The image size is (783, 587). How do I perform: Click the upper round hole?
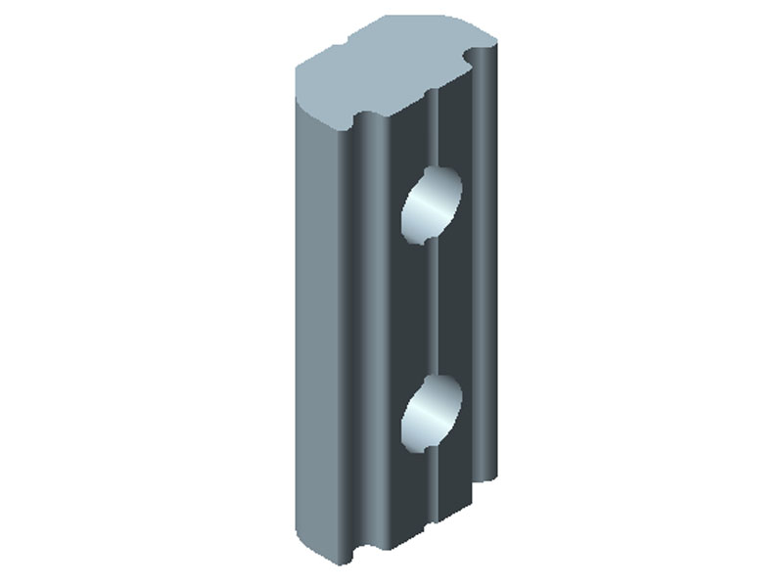click(431, 204)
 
